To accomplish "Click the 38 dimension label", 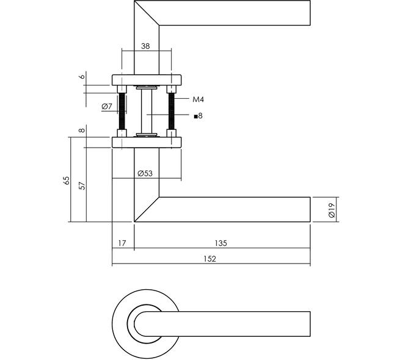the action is pyautogui.click(x=145, y=46).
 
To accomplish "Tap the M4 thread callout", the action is pyautogui.click(x=198, y=99).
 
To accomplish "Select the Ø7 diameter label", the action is pyautogui.click(x=107, y=106).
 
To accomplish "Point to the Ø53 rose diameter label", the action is pyautogui.click(x=145, y=173).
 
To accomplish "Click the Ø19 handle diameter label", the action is pyautogui.click(x=332, y=211).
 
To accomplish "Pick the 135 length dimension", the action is pyautogui.click(x=221, y=243).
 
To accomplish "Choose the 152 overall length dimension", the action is pyautogui.click(x=209, y=259).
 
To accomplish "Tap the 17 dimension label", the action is pyautogui.click(x=122, y=243).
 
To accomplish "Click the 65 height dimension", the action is pyautogui.click(x=67, y=181).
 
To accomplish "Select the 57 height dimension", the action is pyautogui.click(x=82, y=185).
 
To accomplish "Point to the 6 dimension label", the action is pyautogui.click(x=82, y=76).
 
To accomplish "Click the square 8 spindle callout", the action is pyautogui.click(x=198, y=116).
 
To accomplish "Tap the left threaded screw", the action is pyautogui.click(x=122, y=111).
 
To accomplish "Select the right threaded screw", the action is pyautogui.click(x=172, y=111).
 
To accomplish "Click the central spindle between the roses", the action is pyautogui.click(x=147, y=111).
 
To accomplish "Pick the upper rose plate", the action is pyautogui.click(x=147, y=80).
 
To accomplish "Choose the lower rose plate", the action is pyautogui.click(x=147, y=142).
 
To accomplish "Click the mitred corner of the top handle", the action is pyautogui.click(x=147, y=13).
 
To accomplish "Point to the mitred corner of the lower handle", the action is pyautogui.click(x=147, y=209).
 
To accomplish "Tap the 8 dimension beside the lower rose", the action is pyautogui.click(x=82, y=130).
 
